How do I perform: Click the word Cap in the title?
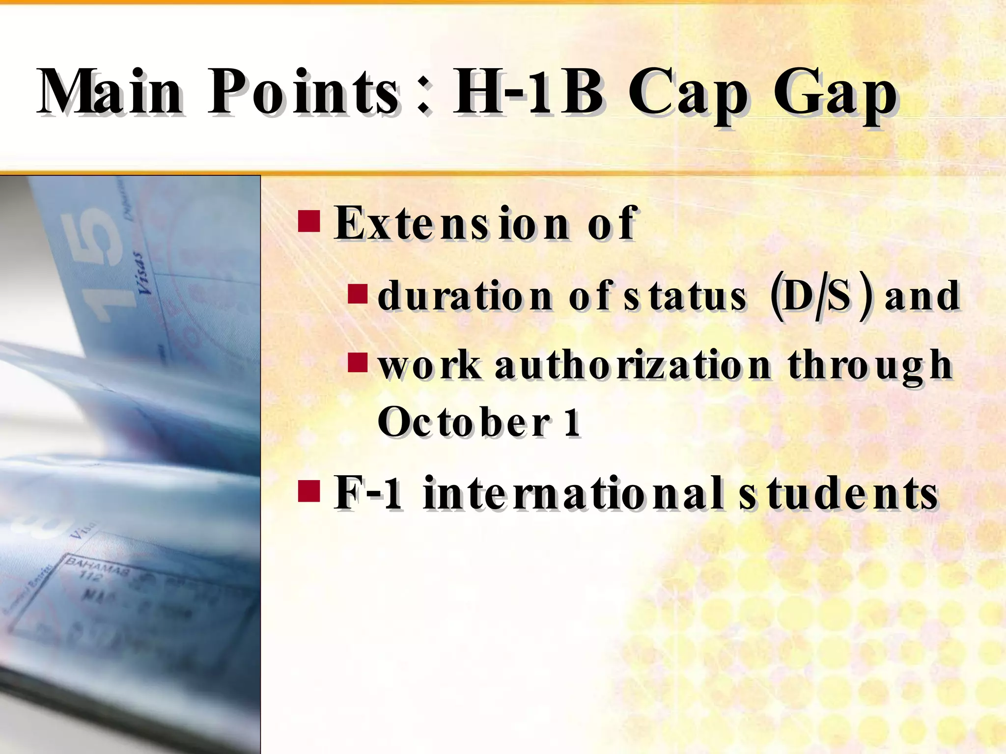pos(688,96)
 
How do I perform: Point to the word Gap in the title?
pos(835,96)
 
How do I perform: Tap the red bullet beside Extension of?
pos(309,221)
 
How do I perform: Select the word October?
pos(464,422)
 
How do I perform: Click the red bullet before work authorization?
pos(358,363)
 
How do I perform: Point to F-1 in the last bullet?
pos(368,493)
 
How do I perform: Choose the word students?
pos(838,493)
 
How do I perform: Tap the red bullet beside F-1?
pos(309,491)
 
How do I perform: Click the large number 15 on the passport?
pos(98,265)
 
